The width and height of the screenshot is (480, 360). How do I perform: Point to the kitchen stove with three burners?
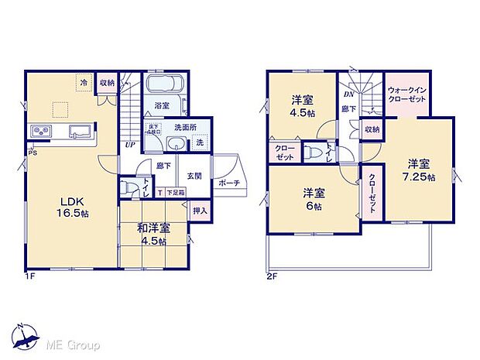(x=41, y=130)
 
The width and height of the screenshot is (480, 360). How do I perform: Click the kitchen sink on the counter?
(x=77, y=130)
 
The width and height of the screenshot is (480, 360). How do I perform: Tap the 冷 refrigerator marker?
(x=82, y=81)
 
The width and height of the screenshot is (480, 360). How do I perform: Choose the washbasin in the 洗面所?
(x=177, y=142)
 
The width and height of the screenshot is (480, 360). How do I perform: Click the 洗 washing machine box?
(x=198, y=143)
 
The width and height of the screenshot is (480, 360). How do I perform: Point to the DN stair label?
(x=348, y=94)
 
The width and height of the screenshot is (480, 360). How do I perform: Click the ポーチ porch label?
(x=228, y=183)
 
